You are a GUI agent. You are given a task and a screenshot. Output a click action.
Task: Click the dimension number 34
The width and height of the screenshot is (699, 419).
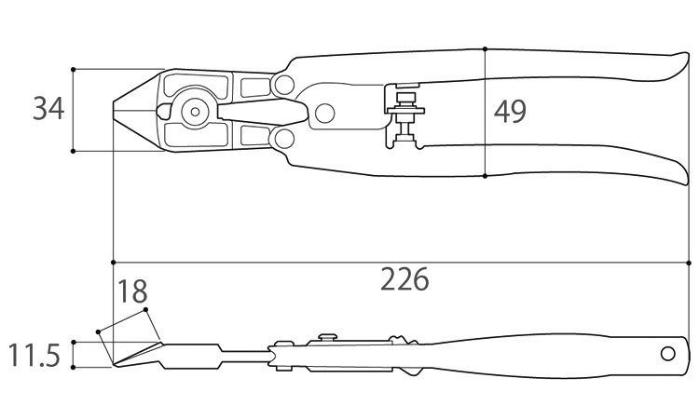[x=48, y=109]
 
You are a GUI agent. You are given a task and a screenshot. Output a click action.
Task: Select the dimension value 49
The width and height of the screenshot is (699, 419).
[x=510, y=112]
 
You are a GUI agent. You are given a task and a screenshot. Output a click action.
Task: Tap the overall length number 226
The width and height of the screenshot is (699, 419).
[x=404, y=279]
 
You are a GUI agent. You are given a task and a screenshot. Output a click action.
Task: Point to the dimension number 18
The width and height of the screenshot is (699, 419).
[x=132, y=291]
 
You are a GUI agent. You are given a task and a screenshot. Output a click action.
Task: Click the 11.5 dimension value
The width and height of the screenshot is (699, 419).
[x=34, y=356]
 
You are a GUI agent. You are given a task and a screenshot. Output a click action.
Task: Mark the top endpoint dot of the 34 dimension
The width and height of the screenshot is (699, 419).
[x=73, y=70]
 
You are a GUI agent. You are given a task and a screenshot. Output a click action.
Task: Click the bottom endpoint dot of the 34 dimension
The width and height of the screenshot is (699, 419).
[x=73, y=151]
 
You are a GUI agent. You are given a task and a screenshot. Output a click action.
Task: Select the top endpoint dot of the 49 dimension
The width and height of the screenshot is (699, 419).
[x=485, y=48]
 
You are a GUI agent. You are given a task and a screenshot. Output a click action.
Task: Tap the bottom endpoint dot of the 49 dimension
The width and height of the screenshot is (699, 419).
[x=485, y=176]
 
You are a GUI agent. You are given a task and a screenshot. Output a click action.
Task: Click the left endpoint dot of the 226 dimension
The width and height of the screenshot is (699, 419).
[x=113, y=263]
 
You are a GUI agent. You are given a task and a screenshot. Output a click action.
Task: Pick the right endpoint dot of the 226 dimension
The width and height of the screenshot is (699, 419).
[x=690, y=263]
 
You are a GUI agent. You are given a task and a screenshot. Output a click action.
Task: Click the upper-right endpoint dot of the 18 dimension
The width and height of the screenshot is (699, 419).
[x=145, y=309]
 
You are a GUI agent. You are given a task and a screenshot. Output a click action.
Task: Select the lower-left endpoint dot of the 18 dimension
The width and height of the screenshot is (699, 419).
[x=98, y=331]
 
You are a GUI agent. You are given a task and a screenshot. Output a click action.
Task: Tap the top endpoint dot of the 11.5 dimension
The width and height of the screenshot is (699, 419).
[x=73, y=342]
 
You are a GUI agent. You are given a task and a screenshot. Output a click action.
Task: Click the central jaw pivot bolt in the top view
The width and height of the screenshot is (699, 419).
[x=195, y=112]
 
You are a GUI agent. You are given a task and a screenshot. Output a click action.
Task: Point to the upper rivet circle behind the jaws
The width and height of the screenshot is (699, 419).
[x=284, y=84]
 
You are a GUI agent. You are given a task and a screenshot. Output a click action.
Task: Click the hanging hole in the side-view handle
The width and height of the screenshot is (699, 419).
[x=668, y=354]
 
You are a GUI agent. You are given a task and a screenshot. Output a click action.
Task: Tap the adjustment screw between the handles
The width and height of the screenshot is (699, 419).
[x=404, y=117]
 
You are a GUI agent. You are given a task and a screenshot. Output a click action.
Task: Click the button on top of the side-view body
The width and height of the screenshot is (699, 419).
[x=328, y=337]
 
